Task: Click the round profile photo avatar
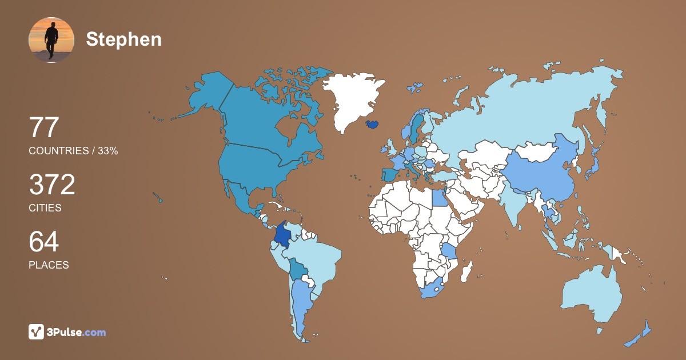tap(51, 39)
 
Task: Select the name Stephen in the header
tap(123, 39)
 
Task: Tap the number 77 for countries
tap(44, 128)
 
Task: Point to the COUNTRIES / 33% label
tap(73, 151)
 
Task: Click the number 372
tap(52, 185)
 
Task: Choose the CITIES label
tap(45, 208)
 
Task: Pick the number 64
tap(44, 242)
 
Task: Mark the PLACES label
tap(49, 265)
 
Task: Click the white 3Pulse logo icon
tap(37, 332)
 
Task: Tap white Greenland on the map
tap(352, 97)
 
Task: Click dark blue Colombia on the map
tap(281, 235)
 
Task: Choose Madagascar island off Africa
tap(466, 271)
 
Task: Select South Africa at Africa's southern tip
tap(434, 289)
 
